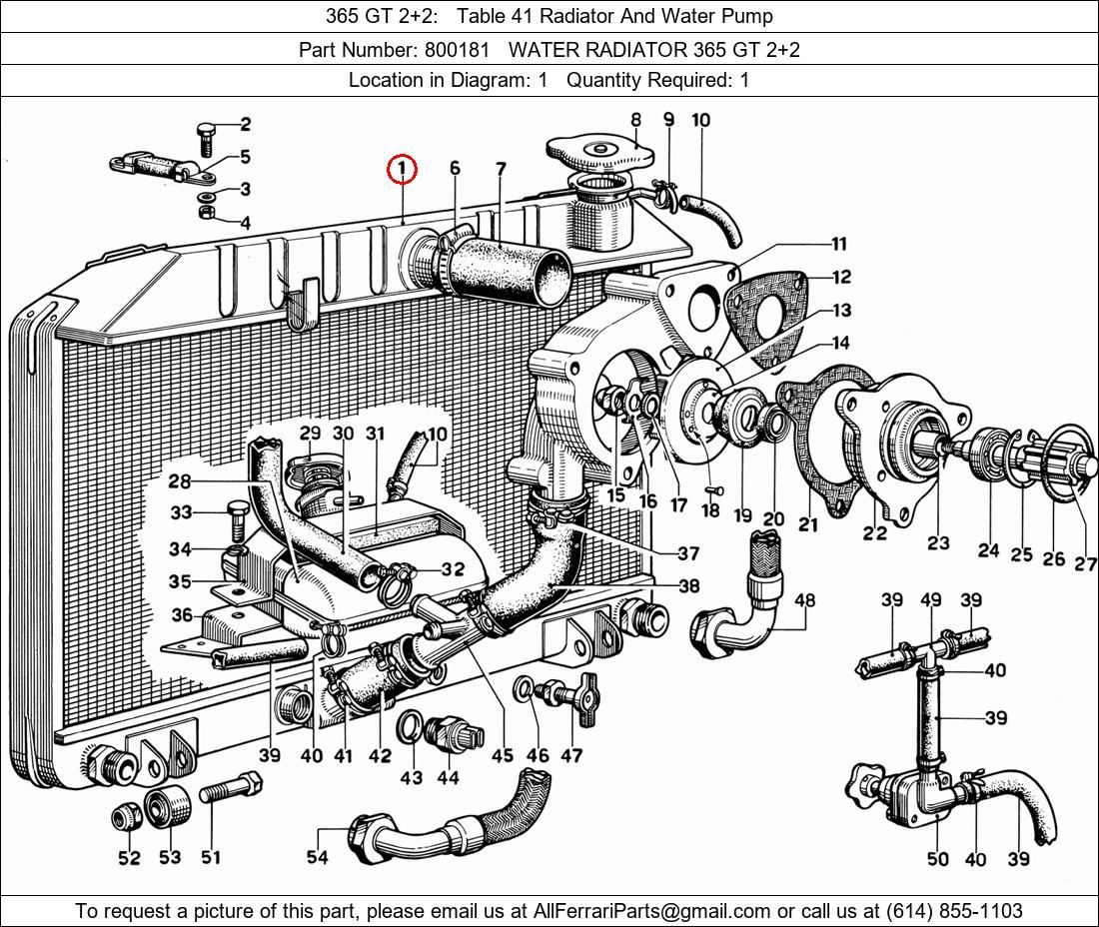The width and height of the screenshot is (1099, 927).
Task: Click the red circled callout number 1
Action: coord(402,171)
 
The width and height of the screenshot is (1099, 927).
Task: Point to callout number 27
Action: coord(1085,564)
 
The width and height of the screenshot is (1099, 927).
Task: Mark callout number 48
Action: coord(804,600)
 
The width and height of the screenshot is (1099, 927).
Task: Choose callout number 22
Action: coord(875,533)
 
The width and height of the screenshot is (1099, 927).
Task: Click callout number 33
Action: coord(181,513)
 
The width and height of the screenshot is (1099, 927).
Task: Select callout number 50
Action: coord(937,858)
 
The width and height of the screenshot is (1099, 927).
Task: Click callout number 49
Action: coord(931,599)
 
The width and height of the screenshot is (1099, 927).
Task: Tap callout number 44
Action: coord(449,778)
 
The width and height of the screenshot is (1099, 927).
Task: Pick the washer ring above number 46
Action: coord(524,688)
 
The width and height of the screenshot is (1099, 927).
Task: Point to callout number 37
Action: coord(687,552)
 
